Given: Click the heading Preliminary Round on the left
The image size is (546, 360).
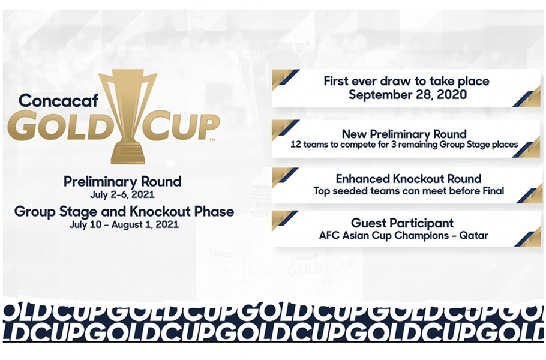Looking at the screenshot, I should click(122, 181).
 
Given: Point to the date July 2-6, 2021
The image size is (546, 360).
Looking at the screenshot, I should click(122, 194).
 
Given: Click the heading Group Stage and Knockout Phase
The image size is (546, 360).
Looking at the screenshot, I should click(124, 211).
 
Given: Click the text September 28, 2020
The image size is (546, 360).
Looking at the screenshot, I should click(406, 94).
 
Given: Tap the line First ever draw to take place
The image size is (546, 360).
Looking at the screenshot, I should click(406, 81).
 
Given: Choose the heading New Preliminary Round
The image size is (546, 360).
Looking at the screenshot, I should click(404, 133).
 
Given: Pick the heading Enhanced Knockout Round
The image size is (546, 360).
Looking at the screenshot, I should click(408, 179).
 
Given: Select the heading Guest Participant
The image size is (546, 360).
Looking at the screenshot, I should click(402, 223).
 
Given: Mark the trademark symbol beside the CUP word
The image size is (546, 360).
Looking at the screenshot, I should click(212, 140).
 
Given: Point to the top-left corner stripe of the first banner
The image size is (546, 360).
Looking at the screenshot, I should click(283, 77).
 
